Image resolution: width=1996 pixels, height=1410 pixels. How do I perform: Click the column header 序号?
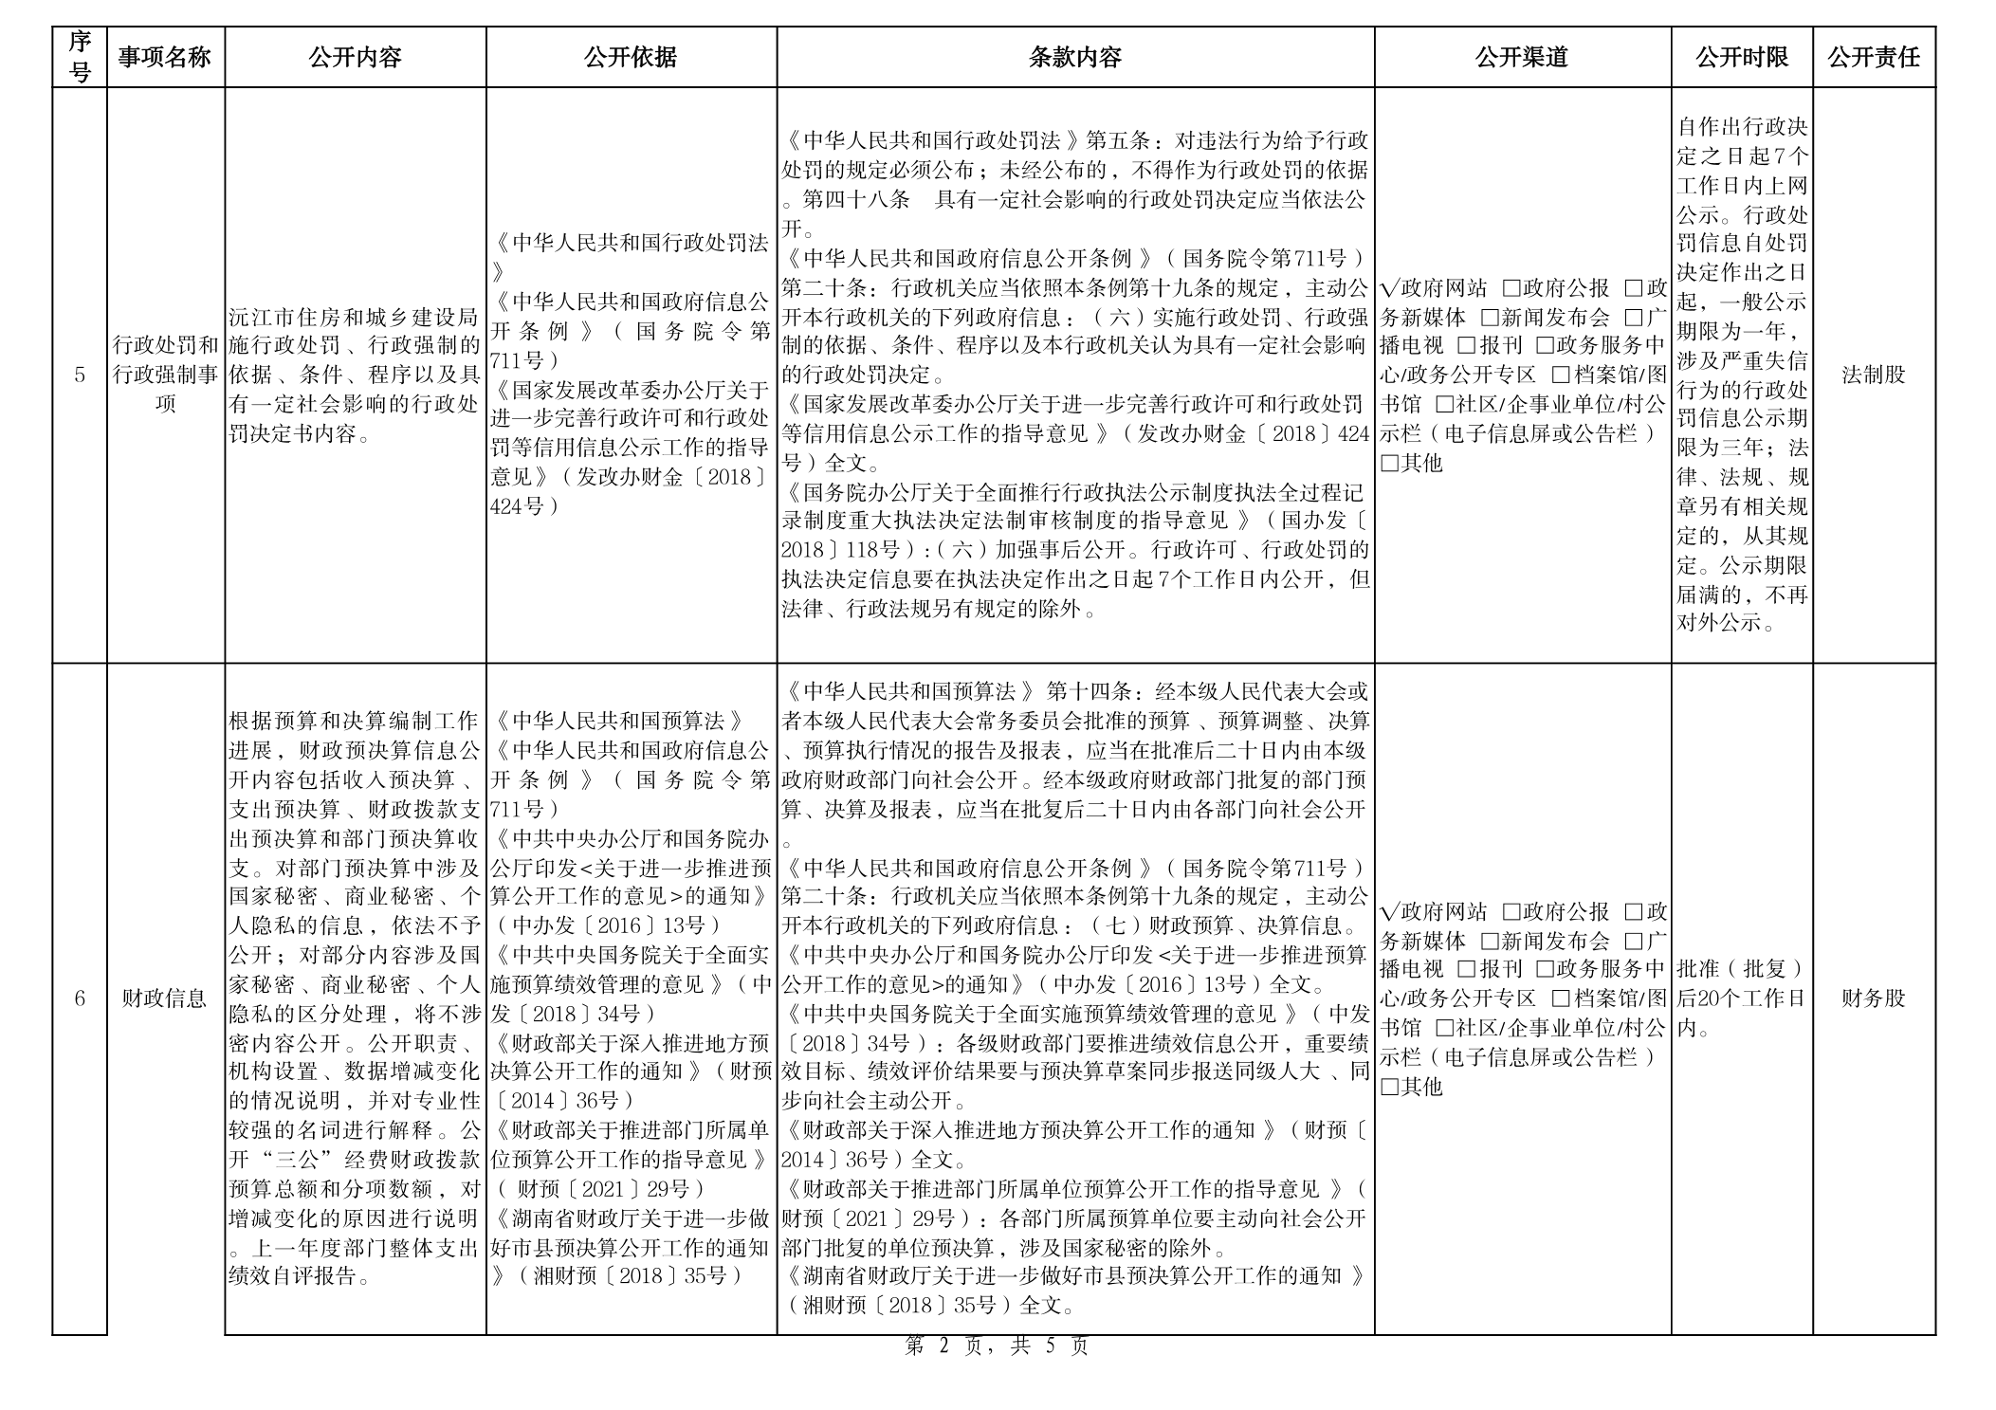tap(80, 57)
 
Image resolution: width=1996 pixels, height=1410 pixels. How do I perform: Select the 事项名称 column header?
tap(165, 57)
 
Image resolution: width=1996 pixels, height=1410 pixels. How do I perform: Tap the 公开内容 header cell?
tap(355, 57)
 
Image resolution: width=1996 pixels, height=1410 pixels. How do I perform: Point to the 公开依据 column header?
tap(631, 57)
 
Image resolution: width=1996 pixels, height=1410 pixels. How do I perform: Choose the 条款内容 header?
tap(1075, 57)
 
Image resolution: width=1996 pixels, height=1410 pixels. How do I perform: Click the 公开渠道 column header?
tap(1522, 57)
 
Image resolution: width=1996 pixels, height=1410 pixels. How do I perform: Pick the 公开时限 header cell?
tap(1742, 57)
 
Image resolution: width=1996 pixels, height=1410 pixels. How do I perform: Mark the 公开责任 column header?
tap(1874, 57)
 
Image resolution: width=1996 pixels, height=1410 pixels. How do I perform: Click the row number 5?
tap(80, 375)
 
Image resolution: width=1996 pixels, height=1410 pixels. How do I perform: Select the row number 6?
tap(80, 998)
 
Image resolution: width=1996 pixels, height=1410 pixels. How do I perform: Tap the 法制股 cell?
tap(1874, 375)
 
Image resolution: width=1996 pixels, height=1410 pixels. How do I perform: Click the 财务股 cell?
tap(1874, 998)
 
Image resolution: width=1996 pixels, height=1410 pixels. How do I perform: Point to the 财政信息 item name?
tap(165, 998)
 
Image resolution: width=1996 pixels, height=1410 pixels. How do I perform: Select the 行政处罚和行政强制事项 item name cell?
tap(165, 375)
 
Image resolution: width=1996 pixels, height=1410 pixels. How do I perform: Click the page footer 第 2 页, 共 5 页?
tap(998, 1346)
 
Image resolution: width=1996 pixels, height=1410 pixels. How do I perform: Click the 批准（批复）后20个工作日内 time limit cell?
tap(1741, 998)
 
